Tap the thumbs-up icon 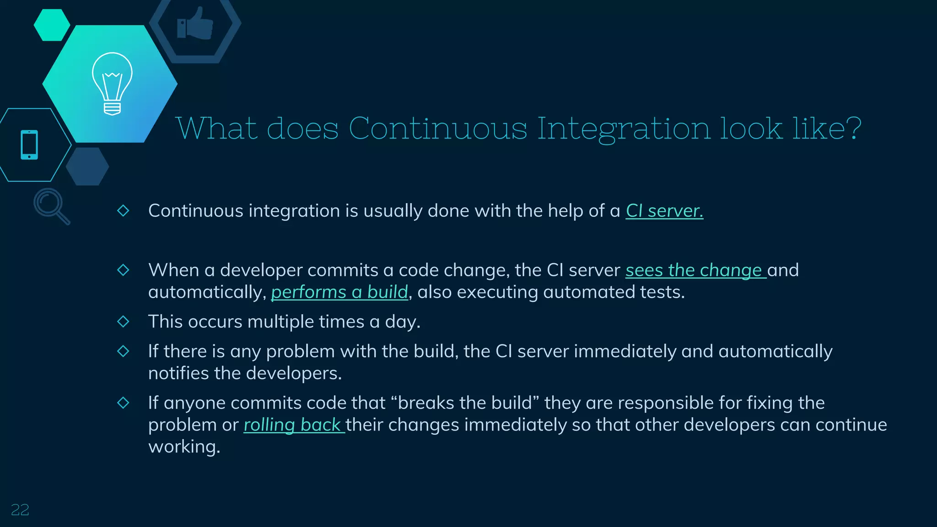(195, 24)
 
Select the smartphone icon (29, 145)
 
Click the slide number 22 (20, 510)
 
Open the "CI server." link (664, 211)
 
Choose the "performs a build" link (339, 292)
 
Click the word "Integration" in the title (624, 129)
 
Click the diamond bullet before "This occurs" (123, 322)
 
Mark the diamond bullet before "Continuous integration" (123, 210)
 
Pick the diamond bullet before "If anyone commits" (123, 403)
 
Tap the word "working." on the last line (184, 447)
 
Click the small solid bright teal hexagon (52, 25)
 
